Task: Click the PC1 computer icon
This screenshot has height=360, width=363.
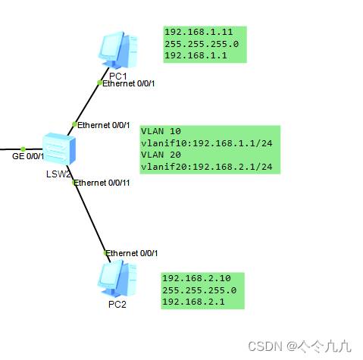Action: point(118,50)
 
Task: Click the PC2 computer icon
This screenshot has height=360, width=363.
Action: point(117,278)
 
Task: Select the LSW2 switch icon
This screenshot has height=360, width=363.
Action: point(59,149)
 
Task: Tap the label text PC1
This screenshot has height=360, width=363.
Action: point(117,76)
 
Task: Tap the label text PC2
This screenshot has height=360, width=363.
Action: point(117,304)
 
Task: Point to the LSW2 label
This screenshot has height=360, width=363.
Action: point(58,174)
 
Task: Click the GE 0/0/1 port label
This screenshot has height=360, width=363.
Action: point(28,156)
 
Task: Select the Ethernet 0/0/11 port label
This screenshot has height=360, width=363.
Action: point(102,183)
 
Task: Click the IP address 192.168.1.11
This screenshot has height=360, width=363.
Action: point(199,32)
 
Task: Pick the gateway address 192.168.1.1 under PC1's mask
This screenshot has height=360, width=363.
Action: point(196,55)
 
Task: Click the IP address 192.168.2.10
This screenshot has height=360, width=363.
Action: point(196,278)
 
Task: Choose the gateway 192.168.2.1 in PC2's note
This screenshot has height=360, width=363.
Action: point(193,302)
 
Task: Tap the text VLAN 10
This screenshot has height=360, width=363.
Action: point(161,131)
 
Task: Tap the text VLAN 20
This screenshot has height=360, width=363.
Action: point(161,155)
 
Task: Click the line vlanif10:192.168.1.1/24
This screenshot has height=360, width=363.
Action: point(207,143)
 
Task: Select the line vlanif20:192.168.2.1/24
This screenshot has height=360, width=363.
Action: point(207,167)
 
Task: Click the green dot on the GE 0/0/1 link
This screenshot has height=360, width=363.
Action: point(23,149)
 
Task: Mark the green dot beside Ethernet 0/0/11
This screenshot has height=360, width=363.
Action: point(74,182)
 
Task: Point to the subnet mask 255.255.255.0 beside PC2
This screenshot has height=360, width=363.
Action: point(199,290)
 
